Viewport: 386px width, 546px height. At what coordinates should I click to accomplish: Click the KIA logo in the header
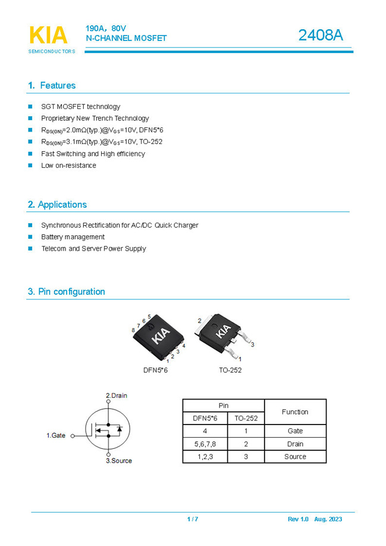[48, 36]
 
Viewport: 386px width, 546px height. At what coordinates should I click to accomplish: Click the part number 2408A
[321, 35]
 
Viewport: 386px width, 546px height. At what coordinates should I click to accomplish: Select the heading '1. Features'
[52, 86]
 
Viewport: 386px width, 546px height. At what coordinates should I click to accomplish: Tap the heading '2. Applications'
[57, 205]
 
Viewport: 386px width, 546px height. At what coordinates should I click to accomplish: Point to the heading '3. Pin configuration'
[66, 292]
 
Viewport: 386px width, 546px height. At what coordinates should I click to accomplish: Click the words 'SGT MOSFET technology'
[80, 107]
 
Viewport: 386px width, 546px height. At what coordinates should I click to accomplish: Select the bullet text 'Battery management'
[73, 237]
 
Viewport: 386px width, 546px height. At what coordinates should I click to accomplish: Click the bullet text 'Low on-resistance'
[68, 166]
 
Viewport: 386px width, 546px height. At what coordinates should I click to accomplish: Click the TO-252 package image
[223, 333]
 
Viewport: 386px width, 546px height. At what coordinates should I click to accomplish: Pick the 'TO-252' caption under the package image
[230, 370]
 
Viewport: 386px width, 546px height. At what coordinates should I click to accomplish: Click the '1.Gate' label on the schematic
[56, 436]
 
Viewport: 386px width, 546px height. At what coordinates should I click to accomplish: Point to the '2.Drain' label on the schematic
[117, 395]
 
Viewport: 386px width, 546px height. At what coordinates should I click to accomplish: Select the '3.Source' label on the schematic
[119, 461]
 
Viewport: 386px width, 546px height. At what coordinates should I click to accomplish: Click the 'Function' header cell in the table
[295, 412]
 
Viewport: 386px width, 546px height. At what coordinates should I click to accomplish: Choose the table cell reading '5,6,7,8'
[205, 444]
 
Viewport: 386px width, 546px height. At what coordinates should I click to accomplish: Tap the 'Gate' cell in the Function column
[295, 431]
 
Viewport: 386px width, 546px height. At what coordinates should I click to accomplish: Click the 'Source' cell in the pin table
[295, 457]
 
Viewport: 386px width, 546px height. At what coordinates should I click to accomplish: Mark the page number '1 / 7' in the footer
[193, 519]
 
